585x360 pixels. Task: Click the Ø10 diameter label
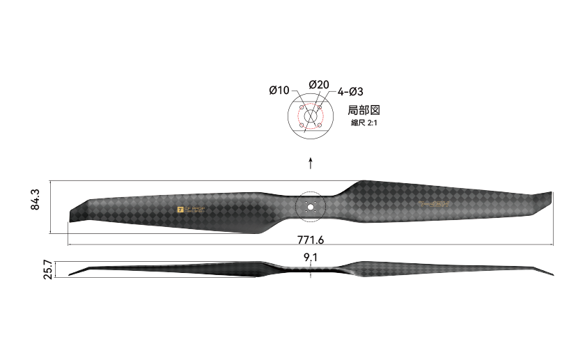point(279,91)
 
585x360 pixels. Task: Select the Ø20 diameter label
point(318,84)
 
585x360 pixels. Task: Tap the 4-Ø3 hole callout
point(351,91)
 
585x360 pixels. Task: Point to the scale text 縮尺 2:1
point(365,123)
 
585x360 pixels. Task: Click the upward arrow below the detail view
point(311,163)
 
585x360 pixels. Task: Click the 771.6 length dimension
point(311,240)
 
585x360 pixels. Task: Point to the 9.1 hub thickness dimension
point(311,258)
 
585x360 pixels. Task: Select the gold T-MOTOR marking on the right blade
point(435,204)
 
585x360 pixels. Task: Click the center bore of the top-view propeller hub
point(311,206)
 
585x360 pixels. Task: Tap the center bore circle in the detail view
point(311,116)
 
